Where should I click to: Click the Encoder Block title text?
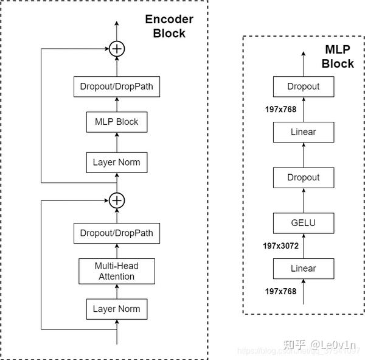click(x=169, y=26)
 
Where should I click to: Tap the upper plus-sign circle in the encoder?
click(x=116, y=49)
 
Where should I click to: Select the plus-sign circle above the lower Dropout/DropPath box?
click(x=116, y=200)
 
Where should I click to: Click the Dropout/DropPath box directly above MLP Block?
click(x=116, y=86)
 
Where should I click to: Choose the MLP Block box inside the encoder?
click(x=116, y=122)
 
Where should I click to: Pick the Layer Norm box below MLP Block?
click(x=116, y=163)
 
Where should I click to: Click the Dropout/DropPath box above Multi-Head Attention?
click(x=116, y=233)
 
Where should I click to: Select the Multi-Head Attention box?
click(x=116, y=271)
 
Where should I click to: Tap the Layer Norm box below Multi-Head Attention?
click(x=116, y=309)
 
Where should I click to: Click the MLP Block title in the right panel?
click(x=338, y=57)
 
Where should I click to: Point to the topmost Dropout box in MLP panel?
click(x=303, y=86)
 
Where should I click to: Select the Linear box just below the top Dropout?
click(x=303, y=132)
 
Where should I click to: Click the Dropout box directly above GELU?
click(x=303, y=177)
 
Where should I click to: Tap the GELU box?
click(x=303, y=223)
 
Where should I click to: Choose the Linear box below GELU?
click(x=303, y=268)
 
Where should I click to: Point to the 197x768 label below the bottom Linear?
click(x=280, y=291)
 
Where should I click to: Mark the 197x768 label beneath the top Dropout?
click(x=280, y=109)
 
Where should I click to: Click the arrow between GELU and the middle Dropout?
click(x=303, y=200)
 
